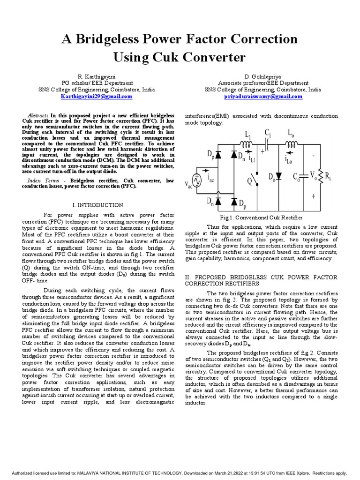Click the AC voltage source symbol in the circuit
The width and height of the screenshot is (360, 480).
(x=197, y=180)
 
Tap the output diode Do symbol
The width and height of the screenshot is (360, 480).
(x=278, y=176)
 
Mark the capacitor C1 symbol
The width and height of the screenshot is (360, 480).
(x=269, y=143)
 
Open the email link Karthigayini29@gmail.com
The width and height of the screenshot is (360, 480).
(x=96, y=96)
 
